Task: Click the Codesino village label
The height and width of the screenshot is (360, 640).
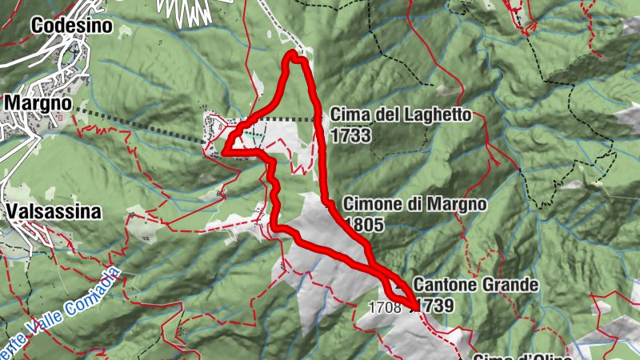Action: tap(71, 26)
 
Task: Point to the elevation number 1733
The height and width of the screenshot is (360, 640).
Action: tap(350, 135)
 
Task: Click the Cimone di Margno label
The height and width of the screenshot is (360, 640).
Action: tap(414, 205)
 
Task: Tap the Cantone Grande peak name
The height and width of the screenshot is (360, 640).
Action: tap(476, 285)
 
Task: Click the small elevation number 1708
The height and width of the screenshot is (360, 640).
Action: tap(385, 306)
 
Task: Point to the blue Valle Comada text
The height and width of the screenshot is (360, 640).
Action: tap(76, 309)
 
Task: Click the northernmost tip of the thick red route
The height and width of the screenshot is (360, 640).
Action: tap(294, 54)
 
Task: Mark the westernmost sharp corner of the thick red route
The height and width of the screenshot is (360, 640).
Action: tap(224, 150)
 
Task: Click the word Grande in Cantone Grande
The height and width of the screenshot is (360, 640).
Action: tap(510, 285)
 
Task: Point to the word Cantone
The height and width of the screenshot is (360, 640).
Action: tap(445, 285)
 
